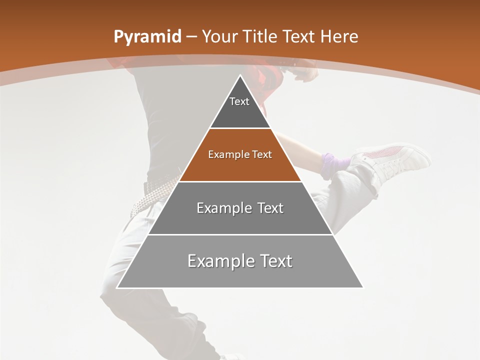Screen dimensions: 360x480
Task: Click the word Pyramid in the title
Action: (x=147, y=36)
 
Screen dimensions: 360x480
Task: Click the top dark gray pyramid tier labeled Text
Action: (x=240, y=107)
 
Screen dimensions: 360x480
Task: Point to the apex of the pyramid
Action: (x=240, y=76)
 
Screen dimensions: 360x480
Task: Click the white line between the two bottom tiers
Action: (x=240, y=234)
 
